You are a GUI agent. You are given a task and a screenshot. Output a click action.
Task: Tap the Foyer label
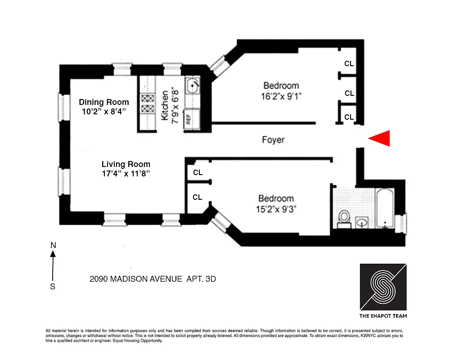pyautogui.click(x=273, y=140)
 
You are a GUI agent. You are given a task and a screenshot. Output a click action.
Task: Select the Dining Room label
pyautogui.click(x=104, y=102)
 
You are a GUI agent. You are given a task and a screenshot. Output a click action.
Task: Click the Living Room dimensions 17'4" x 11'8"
pyautogui.click(x=126, y=174)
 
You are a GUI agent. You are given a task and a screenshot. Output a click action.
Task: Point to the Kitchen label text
pyautogui.click(x=165, y=105)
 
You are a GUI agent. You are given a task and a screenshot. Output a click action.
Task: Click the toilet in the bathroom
pyautogui.click(x=344, y=217)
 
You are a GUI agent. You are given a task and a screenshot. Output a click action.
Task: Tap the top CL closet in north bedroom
pyautogui.click(x=349, y=64)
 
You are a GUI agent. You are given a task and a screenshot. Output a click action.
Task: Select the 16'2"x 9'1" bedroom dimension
pyautogui.click(x=281, y=96)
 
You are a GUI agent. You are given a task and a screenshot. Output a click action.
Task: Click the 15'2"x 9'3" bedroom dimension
pyautogui.click(x=276, y=209)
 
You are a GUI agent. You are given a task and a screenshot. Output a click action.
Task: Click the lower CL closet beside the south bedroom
pyautogui.click(x=198, y=197)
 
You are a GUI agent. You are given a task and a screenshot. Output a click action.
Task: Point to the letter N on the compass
pyautogui.click(x=53, y=245)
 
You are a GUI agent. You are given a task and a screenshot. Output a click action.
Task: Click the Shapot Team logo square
pyautogui.click(x=383, y=286)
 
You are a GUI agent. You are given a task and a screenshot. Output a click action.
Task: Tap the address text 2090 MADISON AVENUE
pyautogui.click(x=136, y=279)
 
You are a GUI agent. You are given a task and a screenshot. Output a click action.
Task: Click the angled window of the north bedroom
pyautogui.click(x=219, y=64)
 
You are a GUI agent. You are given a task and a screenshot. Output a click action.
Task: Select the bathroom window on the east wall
pyautogui.click(x=400, y=222)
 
